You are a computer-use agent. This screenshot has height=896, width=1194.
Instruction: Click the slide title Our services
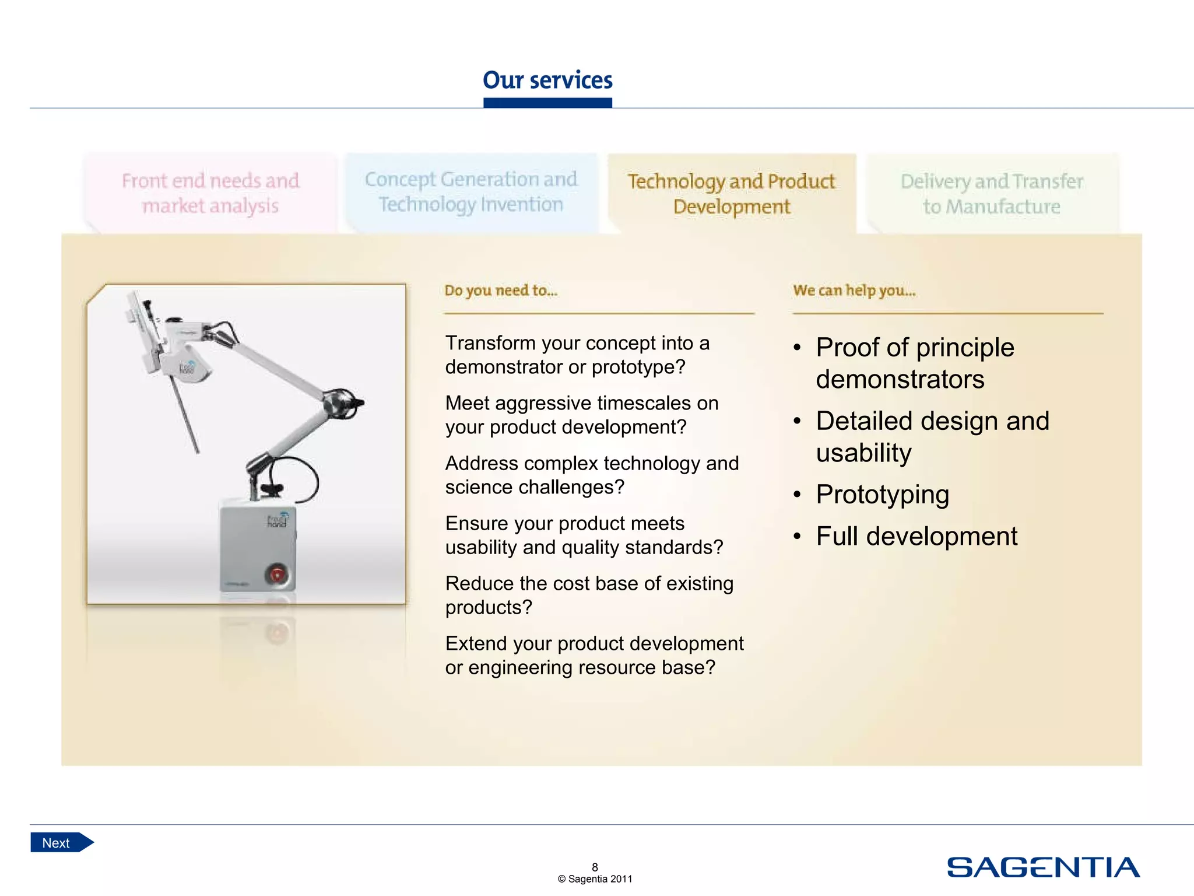click(547, 80)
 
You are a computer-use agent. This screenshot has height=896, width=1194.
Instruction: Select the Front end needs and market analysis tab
click(210, 193)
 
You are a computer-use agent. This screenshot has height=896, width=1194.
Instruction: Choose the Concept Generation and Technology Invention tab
click(471, 192)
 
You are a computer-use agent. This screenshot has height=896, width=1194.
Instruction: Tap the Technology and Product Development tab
click(731, 194)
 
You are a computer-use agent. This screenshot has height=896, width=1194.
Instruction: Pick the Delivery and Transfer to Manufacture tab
click(992, 194)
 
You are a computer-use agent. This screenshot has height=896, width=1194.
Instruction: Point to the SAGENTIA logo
click(1043, 867)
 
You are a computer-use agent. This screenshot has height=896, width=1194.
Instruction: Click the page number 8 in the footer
click(595, 867)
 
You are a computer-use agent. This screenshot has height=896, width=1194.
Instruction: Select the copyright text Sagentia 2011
click(595, 879)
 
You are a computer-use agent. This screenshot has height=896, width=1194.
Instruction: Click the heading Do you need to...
click(501, 290)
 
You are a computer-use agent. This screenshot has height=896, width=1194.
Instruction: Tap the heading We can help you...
click(854, 290)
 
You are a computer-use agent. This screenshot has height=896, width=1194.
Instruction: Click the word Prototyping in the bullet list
click(882, 495)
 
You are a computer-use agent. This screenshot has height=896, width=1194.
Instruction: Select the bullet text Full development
click(916, 536)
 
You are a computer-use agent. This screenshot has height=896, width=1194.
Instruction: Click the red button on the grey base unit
click(277, 574)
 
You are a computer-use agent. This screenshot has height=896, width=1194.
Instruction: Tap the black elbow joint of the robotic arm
click(344, 402)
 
